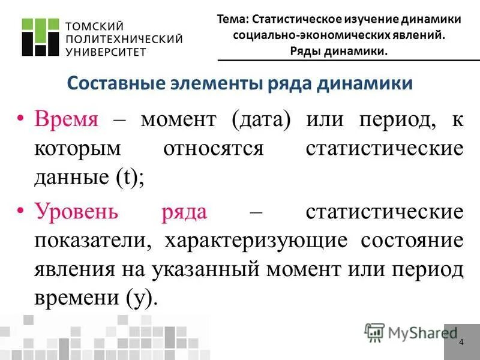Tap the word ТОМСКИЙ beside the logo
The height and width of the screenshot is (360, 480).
pyautogui.click(x=94, y=26)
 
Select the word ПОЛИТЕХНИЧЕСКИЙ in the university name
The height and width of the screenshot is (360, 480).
pyautogui.click(x=122, y=38)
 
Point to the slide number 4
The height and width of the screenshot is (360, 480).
pyautogui.click(x=461, y=342)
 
